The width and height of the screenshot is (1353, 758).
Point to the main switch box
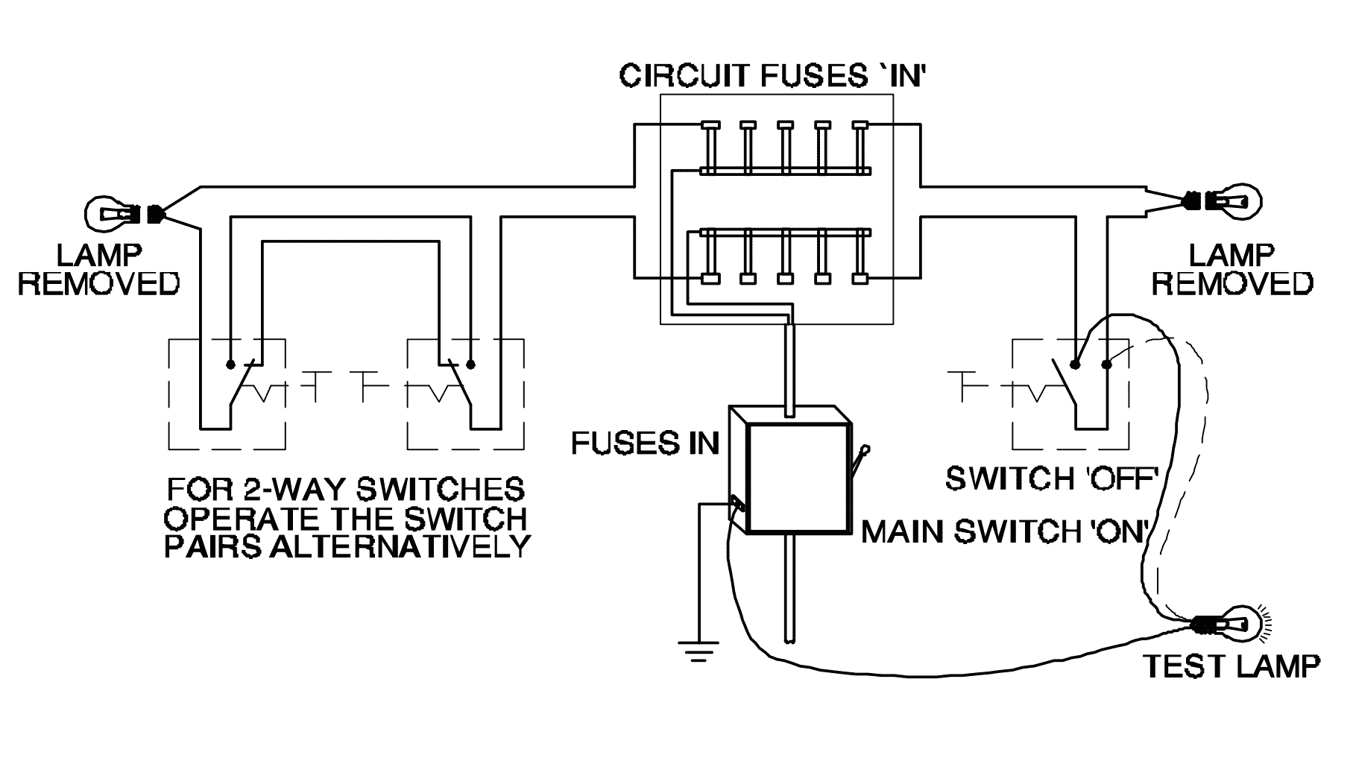[790, 470]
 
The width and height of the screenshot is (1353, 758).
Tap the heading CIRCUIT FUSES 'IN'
[772, 76]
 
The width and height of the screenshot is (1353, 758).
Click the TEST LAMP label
[1231, 666]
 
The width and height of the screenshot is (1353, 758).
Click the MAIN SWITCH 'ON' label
[1003, 531]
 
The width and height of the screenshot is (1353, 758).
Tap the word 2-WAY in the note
[288, 490]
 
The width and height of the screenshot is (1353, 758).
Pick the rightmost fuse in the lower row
[861, 257]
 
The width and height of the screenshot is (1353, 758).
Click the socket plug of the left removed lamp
[156, 214]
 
